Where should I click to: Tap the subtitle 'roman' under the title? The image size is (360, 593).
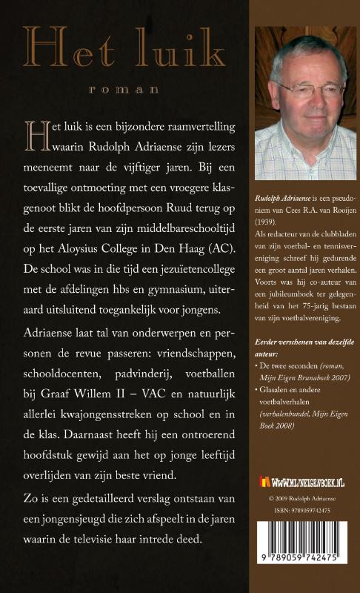123,89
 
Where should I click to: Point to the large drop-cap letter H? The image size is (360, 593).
35,134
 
